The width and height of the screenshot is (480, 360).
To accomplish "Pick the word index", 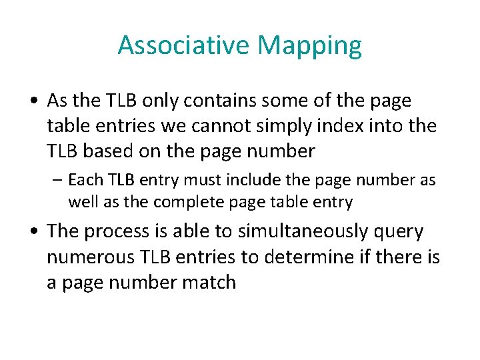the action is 363,125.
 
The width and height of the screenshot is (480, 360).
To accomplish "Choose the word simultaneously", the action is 277,232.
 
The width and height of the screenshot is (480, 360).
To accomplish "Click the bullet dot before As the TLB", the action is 33,101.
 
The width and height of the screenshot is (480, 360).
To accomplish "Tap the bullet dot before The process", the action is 33,232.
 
